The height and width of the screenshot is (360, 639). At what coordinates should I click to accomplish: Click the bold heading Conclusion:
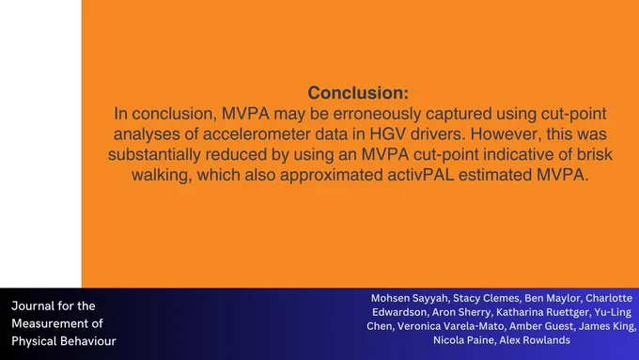[x=358, y=93]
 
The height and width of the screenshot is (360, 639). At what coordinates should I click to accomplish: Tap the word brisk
[x=595, y=154]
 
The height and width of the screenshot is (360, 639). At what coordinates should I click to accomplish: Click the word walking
[x=162, y=176]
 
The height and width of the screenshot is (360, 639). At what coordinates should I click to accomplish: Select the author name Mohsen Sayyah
[x=409, y=299]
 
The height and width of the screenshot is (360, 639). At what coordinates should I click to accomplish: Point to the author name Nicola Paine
[x=463, y=340]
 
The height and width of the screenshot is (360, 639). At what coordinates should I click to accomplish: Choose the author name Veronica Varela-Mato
[x=450, y=326]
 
